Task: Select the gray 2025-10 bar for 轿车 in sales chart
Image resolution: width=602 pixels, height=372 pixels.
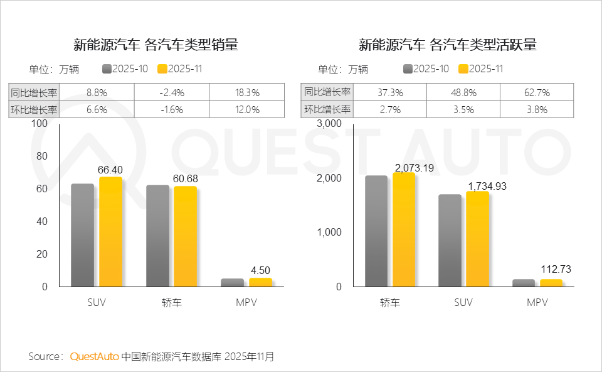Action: click(157, 236)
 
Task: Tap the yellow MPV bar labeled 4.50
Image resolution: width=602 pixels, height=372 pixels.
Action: click(260, 282)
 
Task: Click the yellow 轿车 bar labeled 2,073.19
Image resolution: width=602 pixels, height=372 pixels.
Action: click(404, 229)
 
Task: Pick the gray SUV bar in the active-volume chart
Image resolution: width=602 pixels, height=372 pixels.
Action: click(450, 240)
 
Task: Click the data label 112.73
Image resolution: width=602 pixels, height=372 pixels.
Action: click(557, 270)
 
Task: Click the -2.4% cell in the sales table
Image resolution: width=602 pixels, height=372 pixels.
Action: click(172, 92)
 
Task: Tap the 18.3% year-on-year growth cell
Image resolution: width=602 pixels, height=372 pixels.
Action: click(246, 92)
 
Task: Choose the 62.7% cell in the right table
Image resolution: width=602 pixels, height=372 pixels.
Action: click(537, 92)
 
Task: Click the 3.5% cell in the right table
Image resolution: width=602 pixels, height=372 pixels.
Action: click(464, 109)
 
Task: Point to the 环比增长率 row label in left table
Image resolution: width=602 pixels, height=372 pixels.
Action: click(34, 109)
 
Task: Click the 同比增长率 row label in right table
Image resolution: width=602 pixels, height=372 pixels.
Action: click(327, 92)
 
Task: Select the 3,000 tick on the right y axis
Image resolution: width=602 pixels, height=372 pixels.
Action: click(329, 124)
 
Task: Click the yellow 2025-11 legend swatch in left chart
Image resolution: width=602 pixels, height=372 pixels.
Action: click(162, 69)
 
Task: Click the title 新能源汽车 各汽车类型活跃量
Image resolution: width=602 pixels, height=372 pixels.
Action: click(447, 45)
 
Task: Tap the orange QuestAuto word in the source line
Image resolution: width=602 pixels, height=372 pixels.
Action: click(94, 356)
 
